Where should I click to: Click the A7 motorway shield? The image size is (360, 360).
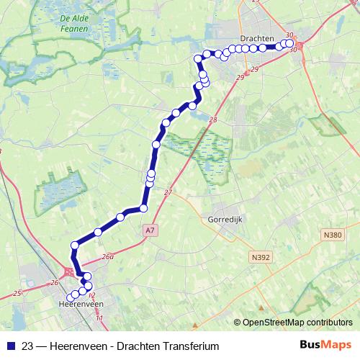[149, 230]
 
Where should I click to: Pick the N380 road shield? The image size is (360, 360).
[333, 235]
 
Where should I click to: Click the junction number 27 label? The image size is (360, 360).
[168, 192]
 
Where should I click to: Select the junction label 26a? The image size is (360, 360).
[108, 256]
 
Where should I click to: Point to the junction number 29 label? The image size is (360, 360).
[255, 69]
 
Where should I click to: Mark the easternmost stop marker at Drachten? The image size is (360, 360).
[289, 43]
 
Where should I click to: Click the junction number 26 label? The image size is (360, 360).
[54, 282]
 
